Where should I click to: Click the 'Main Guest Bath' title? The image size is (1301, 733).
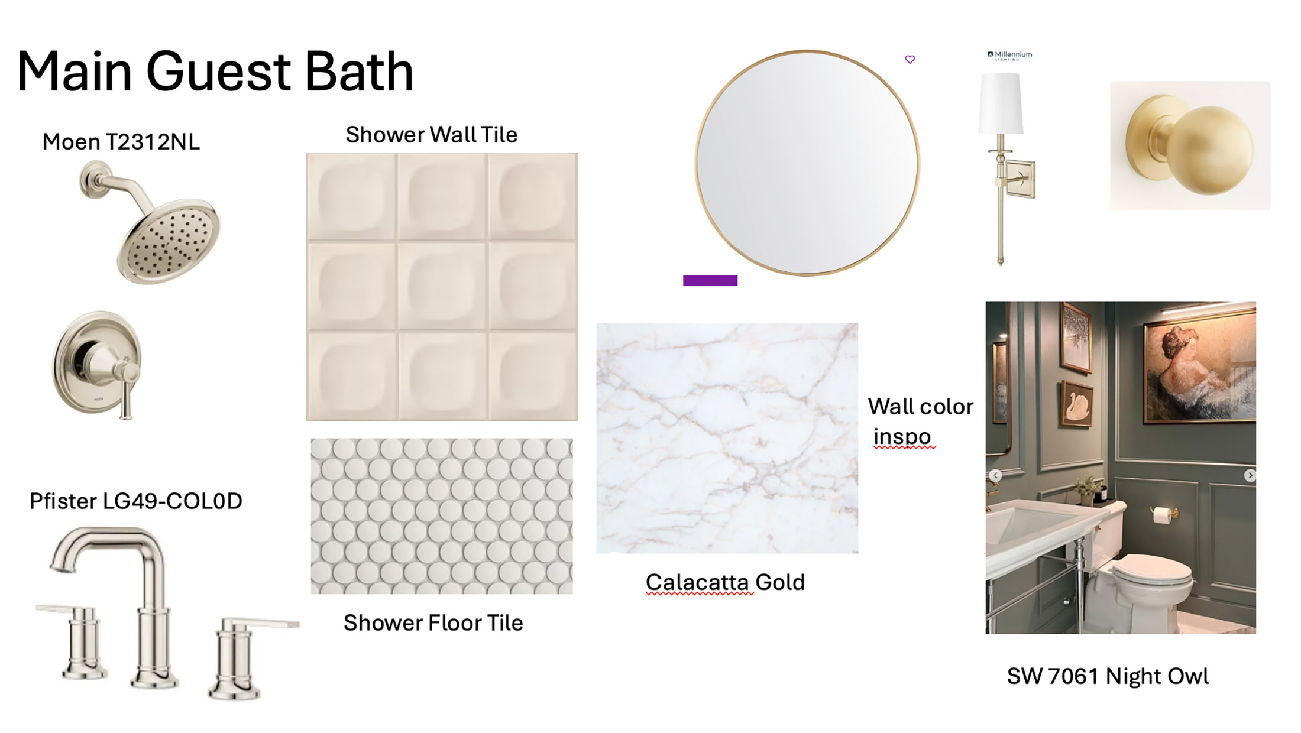[215, 72]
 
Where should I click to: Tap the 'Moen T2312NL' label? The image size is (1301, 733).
[121, 142]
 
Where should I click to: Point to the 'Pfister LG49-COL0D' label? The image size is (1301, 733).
[136, 501]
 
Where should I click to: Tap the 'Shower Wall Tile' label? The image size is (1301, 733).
[432, 135]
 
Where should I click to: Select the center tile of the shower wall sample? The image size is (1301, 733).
[442, 286]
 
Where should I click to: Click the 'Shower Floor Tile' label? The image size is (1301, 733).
[433, 622]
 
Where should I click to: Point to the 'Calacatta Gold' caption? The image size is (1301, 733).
[725, 582]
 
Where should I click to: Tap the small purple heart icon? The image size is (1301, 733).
[910, 59]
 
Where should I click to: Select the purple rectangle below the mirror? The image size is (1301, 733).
[710, 281]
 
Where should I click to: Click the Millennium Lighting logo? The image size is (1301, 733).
[1010, 56]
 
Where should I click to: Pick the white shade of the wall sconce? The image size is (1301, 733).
[1001, 103]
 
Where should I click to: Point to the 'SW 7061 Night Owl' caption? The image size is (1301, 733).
[1108, 676]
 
